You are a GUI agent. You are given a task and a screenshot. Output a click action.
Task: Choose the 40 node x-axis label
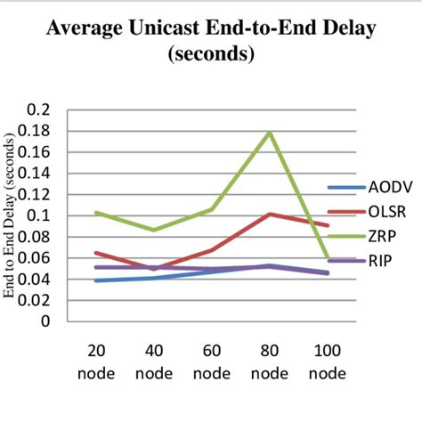[153, 361]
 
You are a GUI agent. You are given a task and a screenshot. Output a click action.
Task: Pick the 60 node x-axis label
[212, 361]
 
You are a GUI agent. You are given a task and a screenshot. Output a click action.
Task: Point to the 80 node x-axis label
[270, 361]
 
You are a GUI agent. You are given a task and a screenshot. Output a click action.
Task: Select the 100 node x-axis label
[328, 361]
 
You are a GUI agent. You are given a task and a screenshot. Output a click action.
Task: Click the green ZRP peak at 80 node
[270, 132]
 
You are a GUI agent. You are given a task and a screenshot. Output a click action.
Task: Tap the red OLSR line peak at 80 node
[270, 215]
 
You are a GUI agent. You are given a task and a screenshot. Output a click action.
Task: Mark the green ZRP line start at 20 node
[95, 213]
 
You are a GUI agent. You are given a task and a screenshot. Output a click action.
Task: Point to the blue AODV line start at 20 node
[95, 280]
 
